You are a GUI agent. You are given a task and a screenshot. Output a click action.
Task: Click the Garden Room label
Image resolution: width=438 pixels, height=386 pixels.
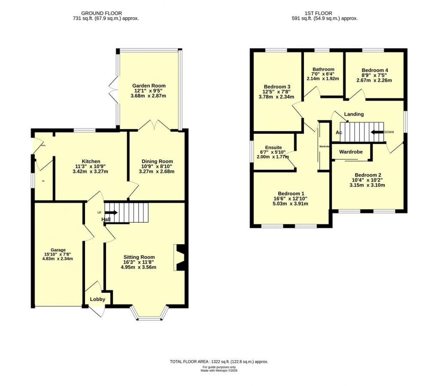pyautogui.click(x=149, y=86)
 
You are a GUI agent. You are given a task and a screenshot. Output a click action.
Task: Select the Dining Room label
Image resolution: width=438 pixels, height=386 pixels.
pyautogui.click(x=157, y=162)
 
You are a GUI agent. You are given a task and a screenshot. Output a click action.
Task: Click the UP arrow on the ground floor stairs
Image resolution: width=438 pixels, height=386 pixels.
pyautogui.click(x=111, y=212)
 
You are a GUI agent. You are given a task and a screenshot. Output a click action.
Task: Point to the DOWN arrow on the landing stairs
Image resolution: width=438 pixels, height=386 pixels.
pyautogui.click(x=377, y=132)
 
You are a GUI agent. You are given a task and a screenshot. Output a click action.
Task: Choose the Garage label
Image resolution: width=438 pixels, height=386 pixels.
pyautogui.click(x=58, y=250)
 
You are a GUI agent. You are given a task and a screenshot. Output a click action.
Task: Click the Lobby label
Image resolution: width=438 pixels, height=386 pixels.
pyautogui.click(x=97, y=299)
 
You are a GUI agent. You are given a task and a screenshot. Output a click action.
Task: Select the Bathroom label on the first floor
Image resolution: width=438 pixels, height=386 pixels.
pyautogui.click(x=323, y=69)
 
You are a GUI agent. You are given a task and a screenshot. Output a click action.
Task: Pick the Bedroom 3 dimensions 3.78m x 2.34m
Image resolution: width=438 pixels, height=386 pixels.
pyautogui.click(x=276, y=97)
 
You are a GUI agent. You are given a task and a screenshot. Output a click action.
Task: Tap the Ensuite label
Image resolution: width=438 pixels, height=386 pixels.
pyautogui.click(x=274, y=147)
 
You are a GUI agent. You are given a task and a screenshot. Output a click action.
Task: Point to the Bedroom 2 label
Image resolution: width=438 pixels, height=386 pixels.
pyautogui.click(x=368, y=175)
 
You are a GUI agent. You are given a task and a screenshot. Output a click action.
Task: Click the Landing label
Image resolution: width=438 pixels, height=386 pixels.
pyautogui.click(x=354, y=114)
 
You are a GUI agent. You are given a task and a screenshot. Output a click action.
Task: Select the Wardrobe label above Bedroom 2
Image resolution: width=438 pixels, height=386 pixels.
pyautogui.click(x=351, y=152)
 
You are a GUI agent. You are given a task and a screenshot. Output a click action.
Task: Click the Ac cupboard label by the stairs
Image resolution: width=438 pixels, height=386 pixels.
pyautogui.click(x=339, y=132)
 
